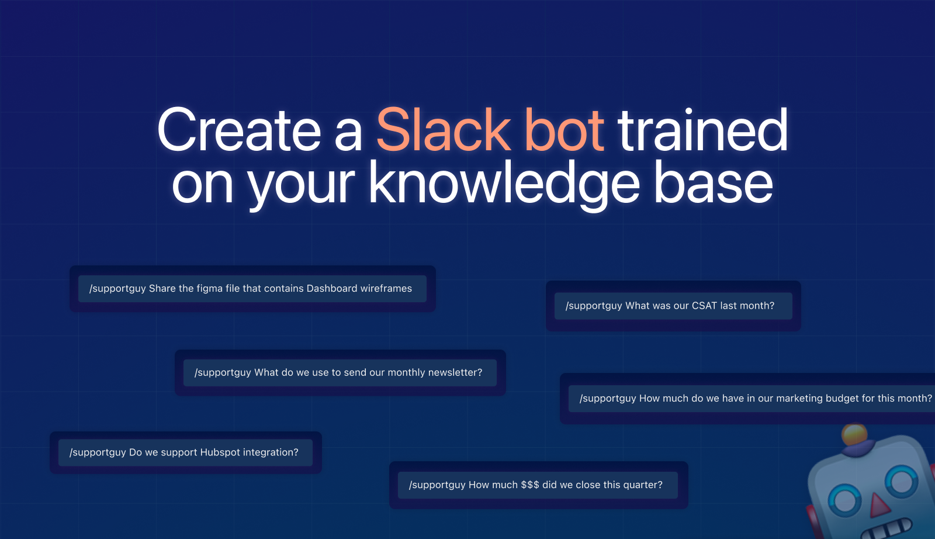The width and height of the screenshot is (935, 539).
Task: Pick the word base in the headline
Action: click(x=713, y=184)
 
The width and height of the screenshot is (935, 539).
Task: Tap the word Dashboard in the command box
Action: click(x=331, y=288)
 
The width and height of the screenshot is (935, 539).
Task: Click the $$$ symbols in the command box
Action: click(x=530, y=485)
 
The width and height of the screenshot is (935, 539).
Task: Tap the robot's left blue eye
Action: click(x=845, y=501)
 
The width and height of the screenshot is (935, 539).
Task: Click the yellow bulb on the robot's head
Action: click(x=854, y=434)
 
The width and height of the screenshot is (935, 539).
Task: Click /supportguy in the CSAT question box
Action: click(x=594, y=306)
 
